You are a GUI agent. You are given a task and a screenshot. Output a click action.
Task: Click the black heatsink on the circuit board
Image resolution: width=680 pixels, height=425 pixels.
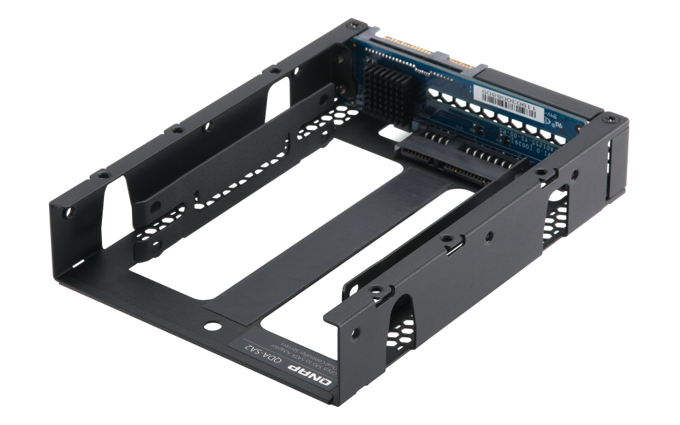(388, 88)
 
